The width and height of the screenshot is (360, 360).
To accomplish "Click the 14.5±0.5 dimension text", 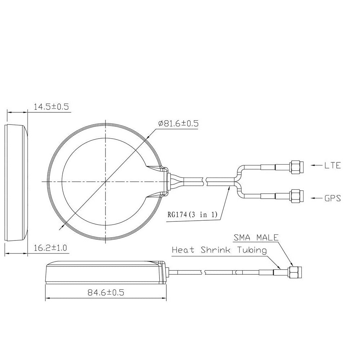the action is [51, 107].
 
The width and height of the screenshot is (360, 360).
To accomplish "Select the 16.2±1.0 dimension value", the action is [50, 248].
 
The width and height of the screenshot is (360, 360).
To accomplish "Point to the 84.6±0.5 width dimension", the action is [106, 292].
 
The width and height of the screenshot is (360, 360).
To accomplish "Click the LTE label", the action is [333, 165].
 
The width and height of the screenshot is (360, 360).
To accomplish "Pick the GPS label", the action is [333, 198].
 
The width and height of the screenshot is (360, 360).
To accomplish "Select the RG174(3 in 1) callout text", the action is [192, 215].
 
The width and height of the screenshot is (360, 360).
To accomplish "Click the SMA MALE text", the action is [256, 237].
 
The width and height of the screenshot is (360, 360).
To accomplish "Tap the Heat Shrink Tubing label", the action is [219, 250].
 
